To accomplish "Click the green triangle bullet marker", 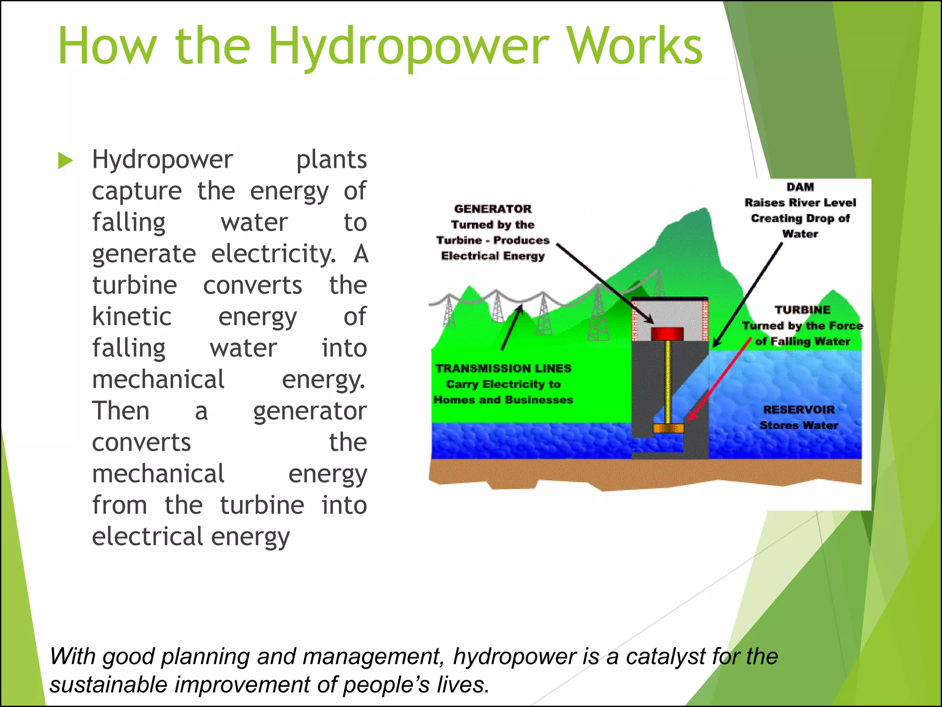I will click(x=65, y=161).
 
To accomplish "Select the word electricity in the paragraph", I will click(x=273, y=254).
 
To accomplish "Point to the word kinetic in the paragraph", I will click(x=132, y=317).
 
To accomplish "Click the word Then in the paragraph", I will click(x=121, y=411).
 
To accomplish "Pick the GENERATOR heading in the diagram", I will click(x=493, y=209).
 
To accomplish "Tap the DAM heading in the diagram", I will click(x=800, y=187).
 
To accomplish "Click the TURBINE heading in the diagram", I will click(x=802, y=310).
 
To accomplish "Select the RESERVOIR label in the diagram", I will click(x=799, y=410).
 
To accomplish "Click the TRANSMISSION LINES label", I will click(x=503, y=368).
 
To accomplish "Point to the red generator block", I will click(x=667, y=333).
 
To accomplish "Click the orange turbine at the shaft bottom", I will click(x=668, y=429).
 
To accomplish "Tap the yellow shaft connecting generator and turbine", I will click(x=668, y=382).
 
